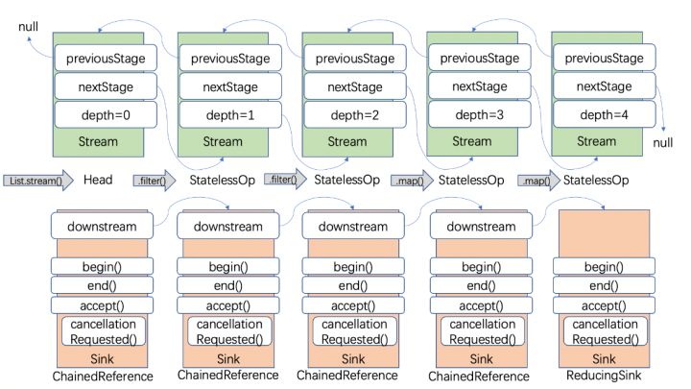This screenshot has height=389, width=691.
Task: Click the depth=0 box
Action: (106, 115)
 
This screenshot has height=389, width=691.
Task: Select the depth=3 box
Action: (480, 114)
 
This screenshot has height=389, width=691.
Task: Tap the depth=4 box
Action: (605, 114)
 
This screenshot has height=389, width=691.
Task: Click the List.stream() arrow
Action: (38, 181)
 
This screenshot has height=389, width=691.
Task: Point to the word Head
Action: (98, 180)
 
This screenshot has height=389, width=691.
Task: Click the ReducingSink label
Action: (604, 376)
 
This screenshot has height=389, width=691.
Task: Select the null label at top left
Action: (28, 27)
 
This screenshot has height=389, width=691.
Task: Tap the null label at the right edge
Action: (663, 142)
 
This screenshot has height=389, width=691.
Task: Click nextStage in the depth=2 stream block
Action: (355, 86)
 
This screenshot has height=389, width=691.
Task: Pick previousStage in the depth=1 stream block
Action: (230, 59)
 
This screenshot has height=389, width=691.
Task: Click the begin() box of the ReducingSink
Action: (604, 266)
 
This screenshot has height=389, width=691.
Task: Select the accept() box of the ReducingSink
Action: (604, 305)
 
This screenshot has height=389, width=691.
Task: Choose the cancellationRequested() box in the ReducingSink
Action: (605, 331)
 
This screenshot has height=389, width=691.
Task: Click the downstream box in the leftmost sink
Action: (102, 226)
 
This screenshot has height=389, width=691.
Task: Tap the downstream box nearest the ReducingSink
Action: (481, 226)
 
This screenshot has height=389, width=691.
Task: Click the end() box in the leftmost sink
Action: (102, 285)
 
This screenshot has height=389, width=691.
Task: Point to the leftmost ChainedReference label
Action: (103, 377)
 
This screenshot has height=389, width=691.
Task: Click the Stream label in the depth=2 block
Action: (347, 141)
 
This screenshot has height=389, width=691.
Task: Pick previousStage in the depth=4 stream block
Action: (605, 58)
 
